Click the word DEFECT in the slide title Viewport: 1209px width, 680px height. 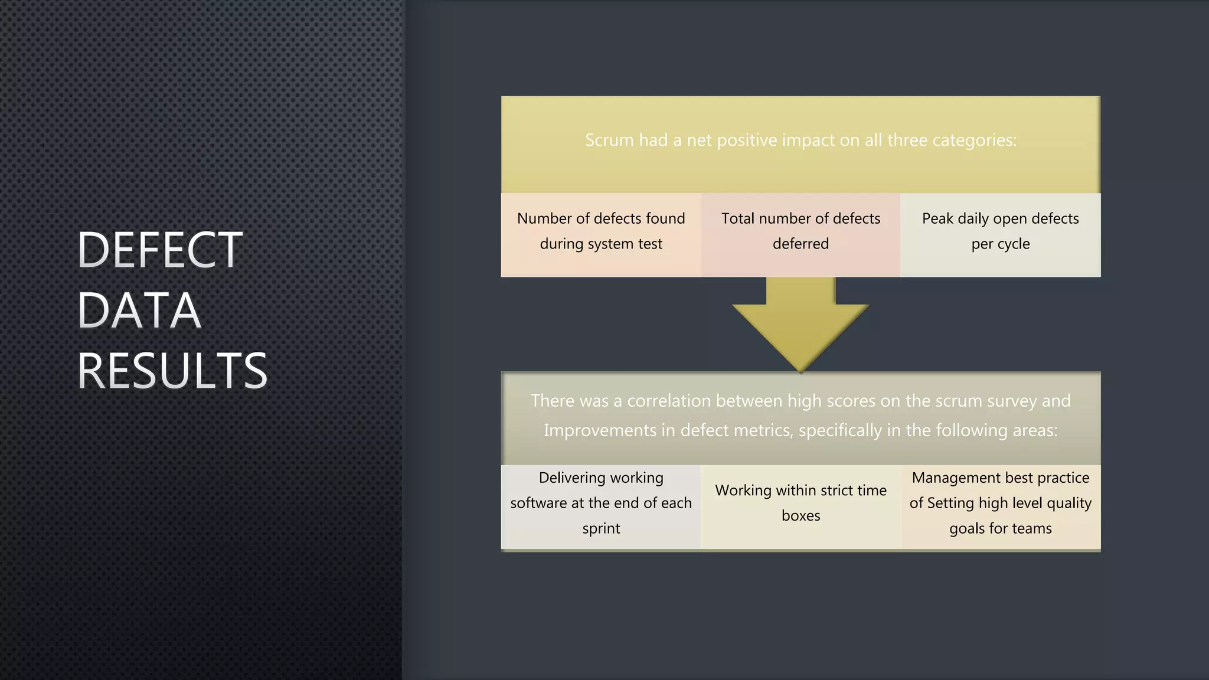(x=159, y=250)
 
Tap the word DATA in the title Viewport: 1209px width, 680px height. (x=139, y=310)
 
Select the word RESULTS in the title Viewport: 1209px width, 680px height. (x=172, y=371)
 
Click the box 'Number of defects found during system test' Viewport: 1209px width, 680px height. (x=601, y=235)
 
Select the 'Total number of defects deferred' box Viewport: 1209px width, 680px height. (x=800, y=235)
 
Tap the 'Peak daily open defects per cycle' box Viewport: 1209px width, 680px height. (x=1000, y=235)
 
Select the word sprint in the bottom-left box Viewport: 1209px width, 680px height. (x=601, y=529)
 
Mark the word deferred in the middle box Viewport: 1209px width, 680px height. (x=800, y=244)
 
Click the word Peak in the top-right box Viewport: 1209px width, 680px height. (x=937, y=219)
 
